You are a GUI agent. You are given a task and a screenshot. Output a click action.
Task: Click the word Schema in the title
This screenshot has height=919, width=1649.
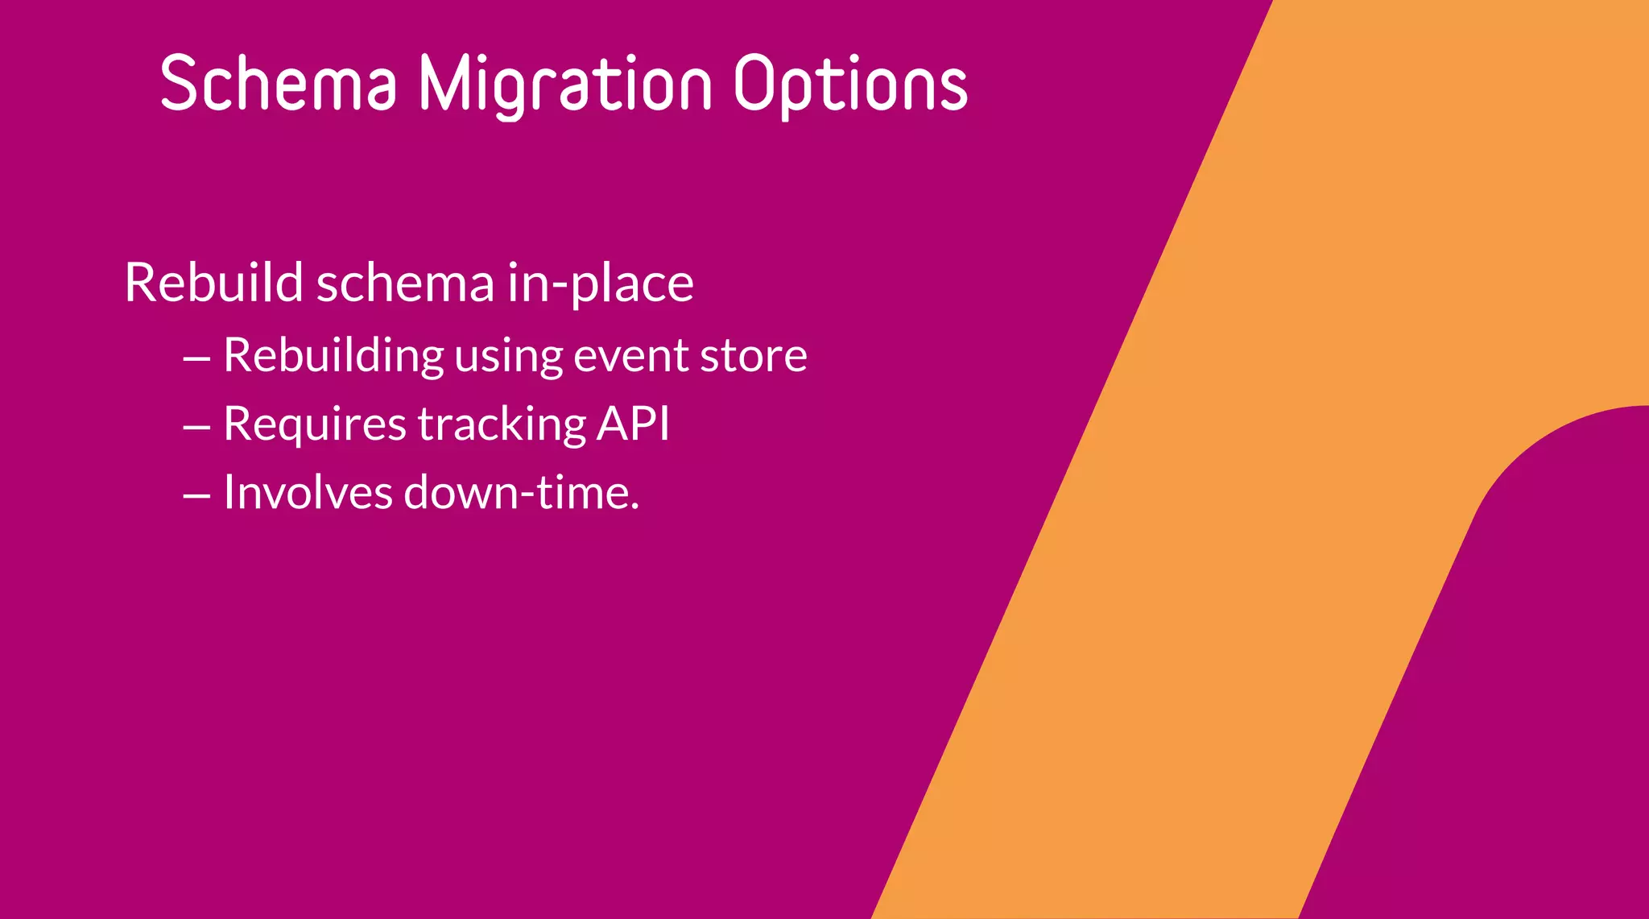click(x=279, y=83)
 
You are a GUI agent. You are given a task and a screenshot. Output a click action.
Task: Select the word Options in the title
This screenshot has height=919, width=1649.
click(x=850, y=85)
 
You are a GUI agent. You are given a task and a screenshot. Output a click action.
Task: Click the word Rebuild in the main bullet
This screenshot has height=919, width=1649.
click(x=213, y=283)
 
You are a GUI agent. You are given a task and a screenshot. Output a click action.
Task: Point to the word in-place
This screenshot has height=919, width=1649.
click(x=600, y=284)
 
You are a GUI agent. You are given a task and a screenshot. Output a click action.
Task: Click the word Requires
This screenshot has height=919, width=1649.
click(x=315, y=424)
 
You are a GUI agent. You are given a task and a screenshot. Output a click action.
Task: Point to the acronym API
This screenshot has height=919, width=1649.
click(x=633, y=423)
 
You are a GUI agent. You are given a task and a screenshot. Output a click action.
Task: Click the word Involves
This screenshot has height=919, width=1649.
click(x=308, y=492)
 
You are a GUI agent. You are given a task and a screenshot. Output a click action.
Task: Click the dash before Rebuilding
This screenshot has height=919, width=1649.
click(x=196, y=358)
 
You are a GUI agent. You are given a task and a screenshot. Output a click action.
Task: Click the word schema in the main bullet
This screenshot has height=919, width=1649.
click(x=405, y=283)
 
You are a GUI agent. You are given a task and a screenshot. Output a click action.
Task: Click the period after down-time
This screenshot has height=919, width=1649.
click(x=635, y=507)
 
